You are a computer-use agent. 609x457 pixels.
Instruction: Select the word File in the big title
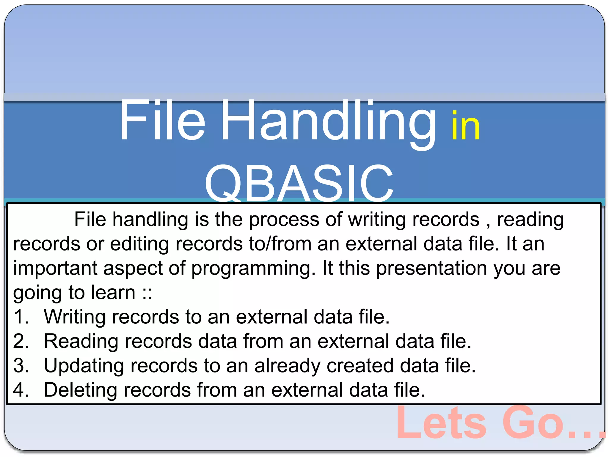click(x=162, y=120)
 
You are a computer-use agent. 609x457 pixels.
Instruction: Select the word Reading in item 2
click(x=81, y=342)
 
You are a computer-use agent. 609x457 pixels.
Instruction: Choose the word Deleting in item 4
click(x=80, y=390)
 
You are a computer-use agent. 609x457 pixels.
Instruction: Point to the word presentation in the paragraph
click(x=431, y=268)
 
